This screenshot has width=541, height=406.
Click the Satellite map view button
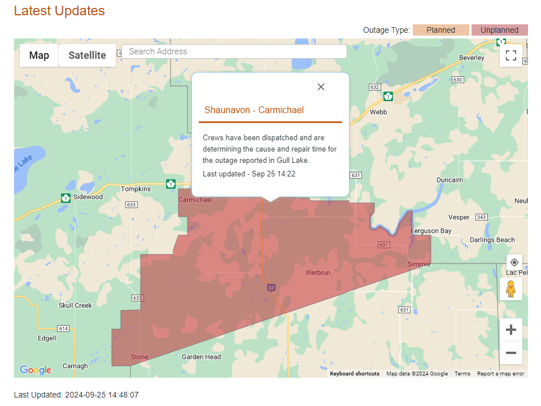(87, 55)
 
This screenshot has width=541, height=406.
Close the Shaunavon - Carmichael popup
(321, 87)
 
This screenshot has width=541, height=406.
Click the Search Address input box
(234, 51)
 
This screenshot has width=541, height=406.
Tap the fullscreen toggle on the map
(511, 55)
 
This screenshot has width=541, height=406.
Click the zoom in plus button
(511, 330)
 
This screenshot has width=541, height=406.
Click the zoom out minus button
(511, 353)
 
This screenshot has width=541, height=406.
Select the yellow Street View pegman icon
(511, 289)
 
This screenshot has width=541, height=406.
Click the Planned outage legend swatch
(440, 30)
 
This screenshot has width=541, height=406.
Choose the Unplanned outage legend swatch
(499, 30)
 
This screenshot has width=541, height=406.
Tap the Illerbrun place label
(318, 273)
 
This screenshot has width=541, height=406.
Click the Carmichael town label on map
(195, 200)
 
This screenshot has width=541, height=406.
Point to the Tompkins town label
(136, 189)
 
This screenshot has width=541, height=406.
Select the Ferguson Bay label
(431, 231)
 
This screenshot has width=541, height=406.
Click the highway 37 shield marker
(271, 288)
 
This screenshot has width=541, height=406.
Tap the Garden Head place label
(201, 357)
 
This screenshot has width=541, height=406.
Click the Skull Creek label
(75, 305)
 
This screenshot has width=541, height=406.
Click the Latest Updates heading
(59, 11)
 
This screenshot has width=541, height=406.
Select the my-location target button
(514, 262)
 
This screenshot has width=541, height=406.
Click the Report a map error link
(500, 374)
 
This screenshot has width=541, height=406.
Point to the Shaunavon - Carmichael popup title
(254, 110)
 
